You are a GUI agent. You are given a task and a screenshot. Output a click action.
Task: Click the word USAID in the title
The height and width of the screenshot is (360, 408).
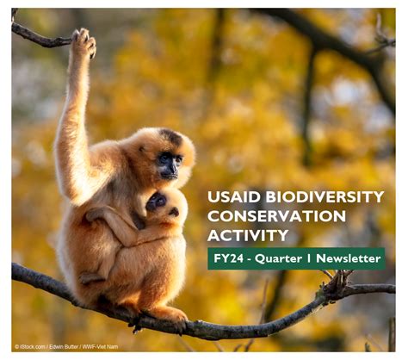[234, 197]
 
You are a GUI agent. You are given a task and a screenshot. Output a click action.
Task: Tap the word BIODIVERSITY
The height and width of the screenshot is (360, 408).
[325, 197]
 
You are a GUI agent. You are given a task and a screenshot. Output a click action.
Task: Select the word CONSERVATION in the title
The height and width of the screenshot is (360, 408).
[276, 216]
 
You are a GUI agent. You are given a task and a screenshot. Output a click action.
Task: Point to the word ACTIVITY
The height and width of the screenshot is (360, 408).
[248, 235]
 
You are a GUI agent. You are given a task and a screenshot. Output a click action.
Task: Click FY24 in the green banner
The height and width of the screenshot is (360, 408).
[228, 258]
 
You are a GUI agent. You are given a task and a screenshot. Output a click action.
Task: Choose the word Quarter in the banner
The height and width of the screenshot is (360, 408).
[278, 259]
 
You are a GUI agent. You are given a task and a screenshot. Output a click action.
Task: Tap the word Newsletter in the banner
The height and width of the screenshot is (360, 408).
[349, 258]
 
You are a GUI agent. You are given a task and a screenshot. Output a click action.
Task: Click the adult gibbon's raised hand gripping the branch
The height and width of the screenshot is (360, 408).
[83, 41]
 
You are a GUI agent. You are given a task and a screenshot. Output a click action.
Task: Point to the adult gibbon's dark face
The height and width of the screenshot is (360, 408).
[170, 165]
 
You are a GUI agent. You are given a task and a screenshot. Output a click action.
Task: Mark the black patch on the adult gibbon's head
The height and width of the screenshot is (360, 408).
[172, 136]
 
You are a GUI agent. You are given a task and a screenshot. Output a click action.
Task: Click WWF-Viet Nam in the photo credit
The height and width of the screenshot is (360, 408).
[100, 347]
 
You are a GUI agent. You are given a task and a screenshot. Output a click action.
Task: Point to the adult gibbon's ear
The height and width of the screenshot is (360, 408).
[142, 149]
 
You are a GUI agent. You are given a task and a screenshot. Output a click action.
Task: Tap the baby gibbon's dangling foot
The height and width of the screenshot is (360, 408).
[91, 278]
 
